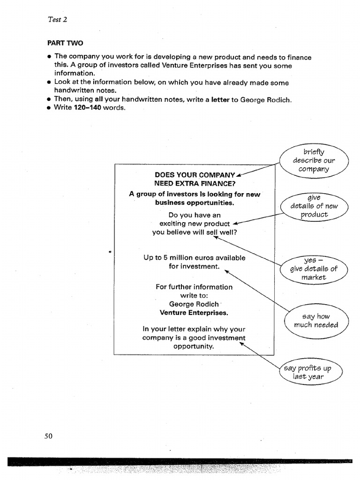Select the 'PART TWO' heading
click(x=65, y=43)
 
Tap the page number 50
click(x=49, y=436)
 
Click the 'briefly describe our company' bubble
click(x=314, y=160)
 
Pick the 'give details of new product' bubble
click(x=314, y=206)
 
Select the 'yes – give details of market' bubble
click(x=314, y=269)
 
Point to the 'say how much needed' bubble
click(x=315, y=321)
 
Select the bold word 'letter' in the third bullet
click(x=220, y=99)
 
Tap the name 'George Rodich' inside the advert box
click(x=194, y=304)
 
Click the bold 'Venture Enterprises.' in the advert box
click(x=194, y=312)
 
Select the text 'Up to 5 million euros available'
click(x=194, y=258)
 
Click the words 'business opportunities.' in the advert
click(x=195, y=202)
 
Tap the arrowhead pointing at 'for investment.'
click(x=226, y=270)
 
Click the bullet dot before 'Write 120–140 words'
click(x=49, y=108)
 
